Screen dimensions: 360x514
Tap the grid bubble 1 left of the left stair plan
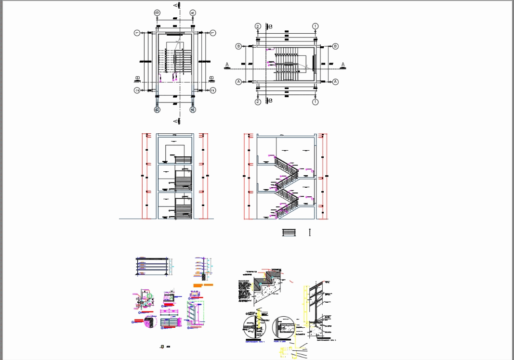[137, 33]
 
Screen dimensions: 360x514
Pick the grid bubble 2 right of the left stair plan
[213, 90]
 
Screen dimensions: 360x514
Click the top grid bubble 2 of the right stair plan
[258, 26]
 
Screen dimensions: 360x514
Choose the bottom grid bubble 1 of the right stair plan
[315, 102]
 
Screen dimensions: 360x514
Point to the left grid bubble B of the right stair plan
[238, 46]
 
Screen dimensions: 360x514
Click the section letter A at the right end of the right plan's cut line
[343, 64]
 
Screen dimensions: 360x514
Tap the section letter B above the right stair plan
[270, 27]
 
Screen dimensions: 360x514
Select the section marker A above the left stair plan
[176, 5]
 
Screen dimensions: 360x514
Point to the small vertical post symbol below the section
[310, 232]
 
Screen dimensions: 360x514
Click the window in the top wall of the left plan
[175, 34]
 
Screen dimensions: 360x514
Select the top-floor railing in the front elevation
[183, 160]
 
